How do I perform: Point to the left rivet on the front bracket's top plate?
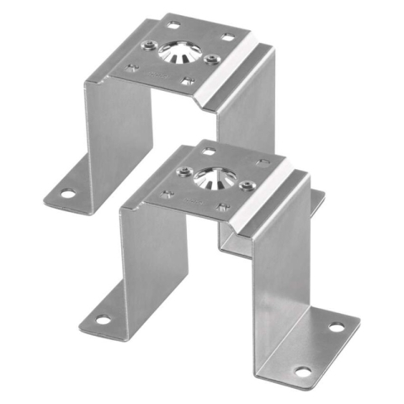click(x=183, y=172)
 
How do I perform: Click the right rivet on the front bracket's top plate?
click(x=247, y=184)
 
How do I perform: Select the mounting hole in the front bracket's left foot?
click(x=103, y=320)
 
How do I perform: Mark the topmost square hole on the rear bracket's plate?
click(x=173, y=20)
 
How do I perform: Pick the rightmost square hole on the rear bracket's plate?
click(x=226, y=36)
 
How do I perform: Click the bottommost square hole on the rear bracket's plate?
click(x=187, y=82)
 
